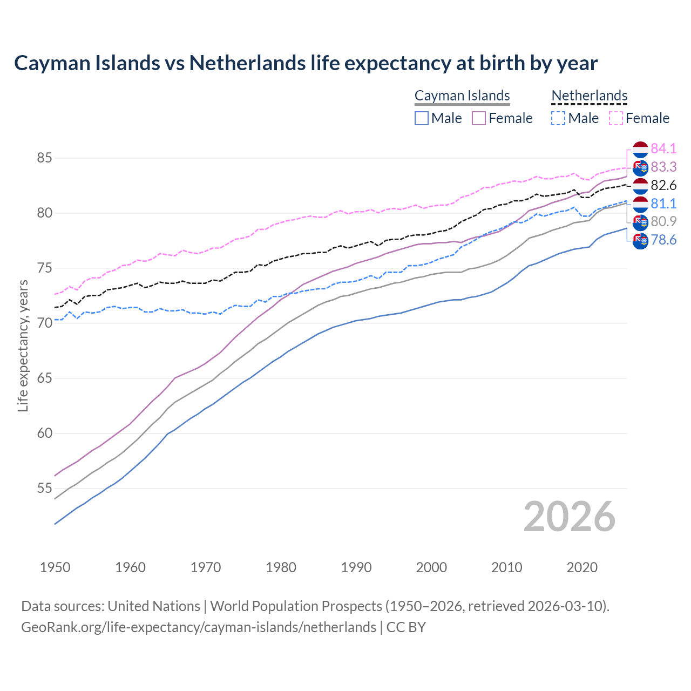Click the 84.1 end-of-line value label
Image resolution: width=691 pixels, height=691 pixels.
click(663, 148)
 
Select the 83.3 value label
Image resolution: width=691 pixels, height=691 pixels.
click(663, 167)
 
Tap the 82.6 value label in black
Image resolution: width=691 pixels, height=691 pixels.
click(663, 186)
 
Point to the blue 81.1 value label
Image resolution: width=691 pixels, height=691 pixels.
click(663, 204)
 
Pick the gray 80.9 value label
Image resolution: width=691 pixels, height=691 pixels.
click(663, 221)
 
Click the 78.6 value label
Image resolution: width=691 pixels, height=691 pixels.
click(663, 240)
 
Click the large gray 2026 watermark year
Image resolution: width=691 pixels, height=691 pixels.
click(569, 517)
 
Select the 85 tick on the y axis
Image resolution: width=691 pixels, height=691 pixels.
click(44, 158)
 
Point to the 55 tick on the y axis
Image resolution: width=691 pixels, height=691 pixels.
click(44, 489)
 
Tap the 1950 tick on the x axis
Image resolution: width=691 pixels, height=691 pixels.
click(55, 567)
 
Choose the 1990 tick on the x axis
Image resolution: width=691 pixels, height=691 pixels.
click(356, 567)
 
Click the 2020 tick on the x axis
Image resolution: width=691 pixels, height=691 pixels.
click(582, 567)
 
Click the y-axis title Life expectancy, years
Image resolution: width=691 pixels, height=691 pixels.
click(23, 345)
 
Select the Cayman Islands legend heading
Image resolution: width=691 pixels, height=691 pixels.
click(462, 96)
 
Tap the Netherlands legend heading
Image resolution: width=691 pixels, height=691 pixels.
click(589, 96)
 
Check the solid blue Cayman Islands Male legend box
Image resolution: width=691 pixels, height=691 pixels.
click(422, 118)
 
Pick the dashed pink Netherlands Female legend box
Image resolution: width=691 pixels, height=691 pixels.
click(616, 118)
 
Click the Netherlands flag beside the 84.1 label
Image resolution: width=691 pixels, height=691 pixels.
click(640, 149)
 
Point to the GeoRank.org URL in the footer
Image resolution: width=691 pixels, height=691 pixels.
click(198, 627)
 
